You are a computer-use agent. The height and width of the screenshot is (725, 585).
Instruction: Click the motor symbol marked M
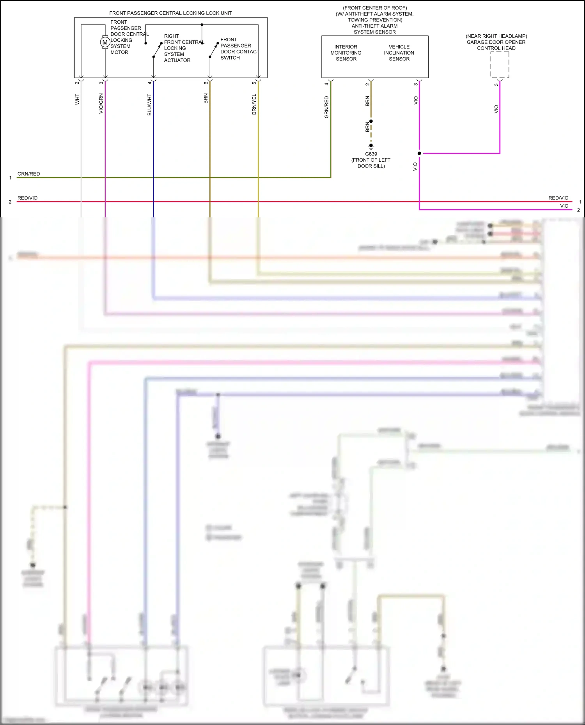105,42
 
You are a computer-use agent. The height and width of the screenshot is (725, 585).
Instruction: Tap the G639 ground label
371,154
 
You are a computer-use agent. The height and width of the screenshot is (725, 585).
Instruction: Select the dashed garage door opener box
500,65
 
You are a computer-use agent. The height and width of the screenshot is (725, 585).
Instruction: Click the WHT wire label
77,99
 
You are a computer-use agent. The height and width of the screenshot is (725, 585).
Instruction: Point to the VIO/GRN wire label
101,104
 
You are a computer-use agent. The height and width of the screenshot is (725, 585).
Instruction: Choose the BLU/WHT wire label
149,105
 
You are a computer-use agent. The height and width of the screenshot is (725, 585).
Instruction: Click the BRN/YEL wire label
254,104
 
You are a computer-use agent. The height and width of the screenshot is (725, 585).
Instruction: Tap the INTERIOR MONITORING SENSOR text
346,53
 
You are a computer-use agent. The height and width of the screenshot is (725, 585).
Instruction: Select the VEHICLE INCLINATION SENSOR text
399,53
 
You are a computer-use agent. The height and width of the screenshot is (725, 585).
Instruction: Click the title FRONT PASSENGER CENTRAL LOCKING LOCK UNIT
170,13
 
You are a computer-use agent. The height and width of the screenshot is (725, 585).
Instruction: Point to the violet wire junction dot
419,153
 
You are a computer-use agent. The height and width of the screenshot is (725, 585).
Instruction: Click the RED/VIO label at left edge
27,198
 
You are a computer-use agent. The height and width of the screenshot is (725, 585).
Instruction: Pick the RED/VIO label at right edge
558,198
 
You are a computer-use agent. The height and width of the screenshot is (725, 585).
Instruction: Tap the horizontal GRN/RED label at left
28,174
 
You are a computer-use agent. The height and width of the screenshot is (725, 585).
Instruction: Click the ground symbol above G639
371,146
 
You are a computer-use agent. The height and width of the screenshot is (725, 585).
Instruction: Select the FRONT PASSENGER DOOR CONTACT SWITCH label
239,49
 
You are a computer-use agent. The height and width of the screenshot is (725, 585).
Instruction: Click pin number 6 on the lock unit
206,83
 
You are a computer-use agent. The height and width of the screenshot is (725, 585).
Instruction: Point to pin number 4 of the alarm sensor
326,84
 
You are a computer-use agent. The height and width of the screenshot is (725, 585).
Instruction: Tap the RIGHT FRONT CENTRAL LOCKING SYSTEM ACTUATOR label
183,48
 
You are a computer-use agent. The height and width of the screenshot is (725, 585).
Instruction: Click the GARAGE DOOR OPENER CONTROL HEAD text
496,42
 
